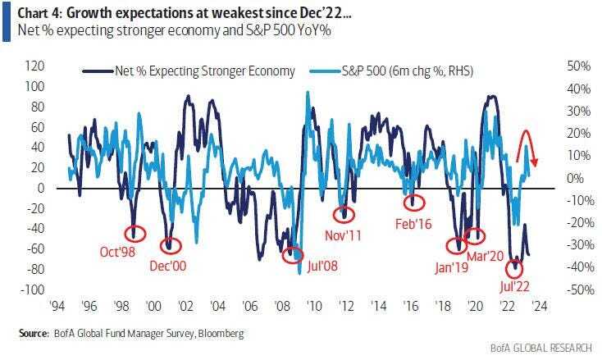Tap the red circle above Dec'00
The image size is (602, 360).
tap(170, 244)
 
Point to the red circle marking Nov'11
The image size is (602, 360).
tap(346, 213)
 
